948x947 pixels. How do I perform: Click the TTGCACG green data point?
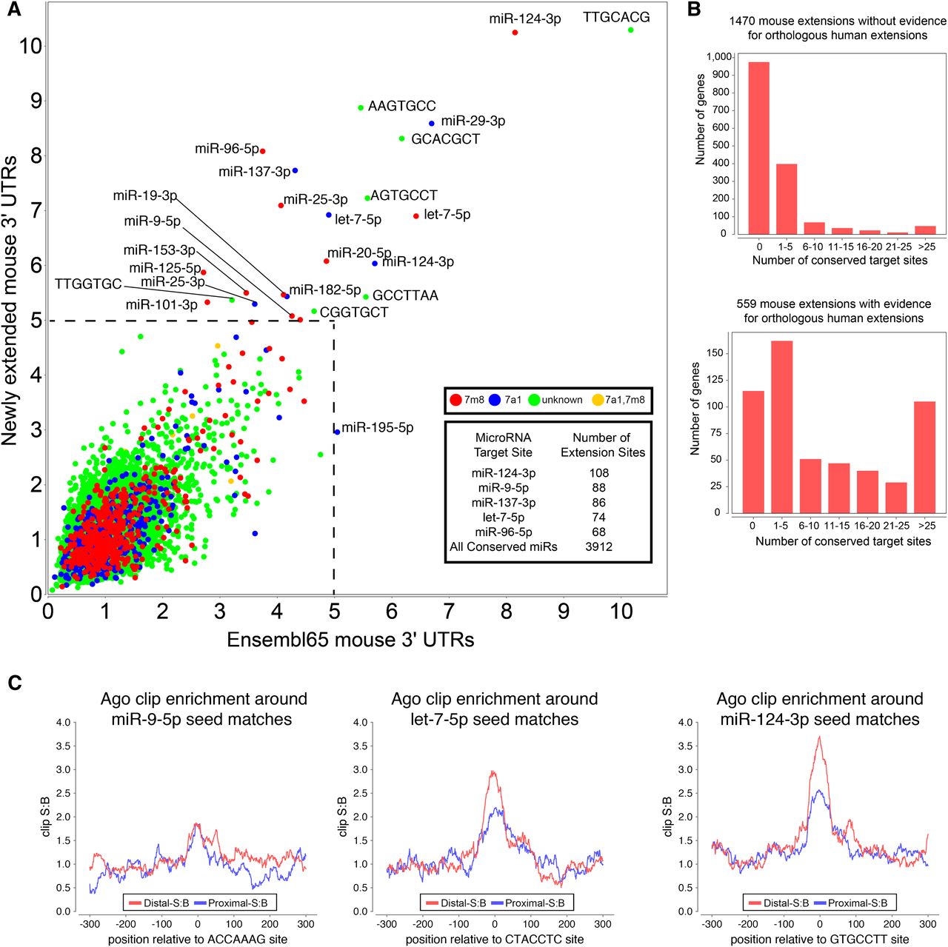(630, 30)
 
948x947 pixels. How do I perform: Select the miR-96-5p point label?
(227, 149)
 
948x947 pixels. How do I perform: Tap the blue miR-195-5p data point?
(337, 432)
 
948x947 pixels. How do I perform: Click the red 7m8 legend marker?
(455, 400)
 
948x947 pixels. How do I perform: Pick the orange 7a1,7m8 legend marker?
(598, 400)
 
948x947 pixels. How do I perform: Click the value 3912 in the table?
(598, 547)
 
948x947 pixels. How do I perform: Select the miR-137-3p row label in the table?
(503, 503)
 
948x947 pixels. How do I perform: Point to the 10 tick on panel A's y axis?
(30, 46)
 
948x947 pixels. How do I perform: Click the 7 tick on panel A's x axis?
(449, 612)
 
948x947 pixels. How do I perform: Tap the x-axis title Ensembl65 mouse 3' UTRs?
(350, 640)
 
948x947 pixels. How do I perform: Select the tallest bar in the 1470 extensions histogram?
(759, 148)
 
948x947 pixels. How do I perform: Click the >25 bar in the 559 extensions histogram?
(924, 457)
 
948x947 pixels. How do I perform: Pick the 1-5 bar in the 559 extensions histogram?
(781, 426)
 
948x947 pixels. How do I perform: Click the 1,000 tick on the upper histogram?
(718, 57)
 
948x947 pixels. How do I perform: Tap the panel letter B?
(694, 9)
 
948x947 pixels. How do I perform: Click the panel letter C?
(14, 682)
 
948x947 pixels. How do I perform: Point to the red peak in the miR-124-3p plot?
(819, 737)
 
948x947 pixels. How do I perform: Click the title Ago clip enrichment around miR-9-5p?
(204, 709)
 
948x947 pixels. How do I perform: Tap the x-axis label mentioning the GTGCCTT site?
(819, 940)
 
